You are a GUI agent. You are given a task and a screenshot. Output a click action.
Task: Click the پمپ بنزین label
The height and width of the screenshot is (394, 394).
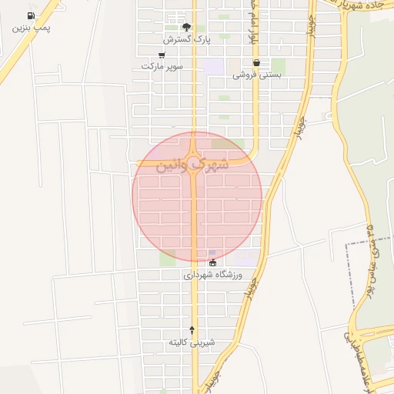point(32,28)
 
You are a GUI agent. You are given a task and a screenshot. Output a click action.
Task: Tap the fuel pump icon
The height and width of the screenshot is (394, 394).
point(31,15)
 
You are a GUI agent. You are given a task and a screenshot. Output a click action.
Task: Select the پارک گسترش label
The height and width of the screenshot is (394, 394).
point(186,38)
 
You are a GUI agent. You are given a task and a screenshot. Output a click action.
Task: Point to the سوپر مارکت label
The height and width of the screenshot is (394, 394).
point(162,67)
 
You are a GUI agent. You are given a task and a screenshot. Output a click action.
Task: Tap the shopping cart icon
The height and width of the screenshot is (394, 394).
point(162,55)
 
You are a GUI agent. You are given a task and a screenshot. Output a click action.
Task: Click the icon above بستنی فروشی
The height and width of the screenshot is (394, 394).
point(256,63)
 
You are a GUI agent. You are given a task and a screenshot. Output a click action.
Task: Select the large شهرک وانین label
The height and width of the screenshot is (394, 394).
point(192,164)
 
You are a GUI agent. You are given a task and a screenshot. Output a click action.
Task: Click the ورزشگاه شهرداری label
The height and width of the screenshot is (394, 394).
point(212,275)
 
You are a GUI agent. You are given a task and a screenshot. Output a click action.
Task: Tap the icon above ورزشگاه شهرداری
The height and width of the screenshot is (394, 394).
point(212,263)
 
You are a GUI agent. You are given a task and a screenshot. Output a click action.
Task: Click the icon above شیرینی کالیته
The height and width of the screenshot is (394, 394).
point(192,329)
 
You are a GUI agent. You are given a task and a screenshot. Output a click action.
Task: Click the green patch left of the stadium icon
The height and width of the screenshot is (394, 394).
point(167,259)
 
